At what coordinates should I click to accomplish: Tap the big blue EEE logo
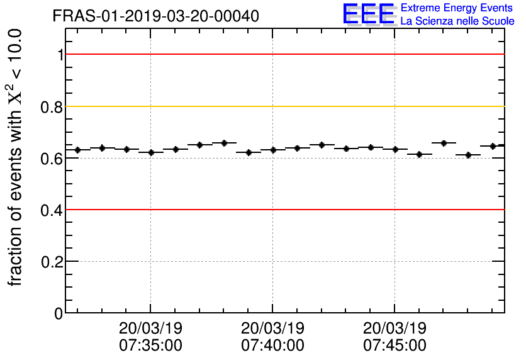pos(368,14)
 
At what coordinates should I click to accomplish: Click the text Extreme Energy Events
pos(457,8)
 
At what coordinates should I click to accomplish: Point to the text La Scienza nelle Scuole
pos(457,21)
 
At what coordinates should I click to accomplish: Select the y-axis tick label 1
pos(57,55)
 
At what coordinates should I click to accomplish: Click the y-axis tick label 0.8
pos(51,106)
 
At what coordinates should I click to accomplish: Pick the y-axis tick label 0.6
pos(51,158)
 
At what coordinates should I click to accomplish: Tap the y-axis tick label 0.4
pos(51,210)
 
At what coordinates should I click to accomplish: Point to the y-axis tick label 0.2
pos(51,261)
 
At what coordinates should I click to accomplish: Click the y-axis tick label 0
pos(57,313)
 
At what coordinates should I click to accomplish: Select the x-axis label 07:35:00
pos(150,346)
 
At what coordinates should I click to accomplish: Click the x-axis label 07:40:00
pos(272,346)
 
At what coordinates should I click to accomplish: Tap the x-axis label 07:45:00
pos(394,346)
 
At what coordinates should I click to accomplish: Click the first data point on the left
pos(77,150)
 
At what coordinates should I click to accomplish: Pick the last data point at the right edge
pos(493,146)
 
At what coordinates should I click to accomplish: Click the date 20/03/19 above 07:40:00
pos(272,329)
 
